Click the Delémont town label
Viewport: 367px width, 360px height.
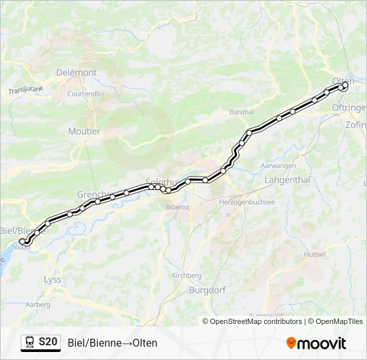77,72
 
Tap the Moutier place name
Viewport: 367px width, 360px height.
84,131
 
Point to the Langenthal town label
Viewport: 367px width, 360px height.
288,180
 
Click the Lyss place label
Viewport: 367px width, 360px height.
52,280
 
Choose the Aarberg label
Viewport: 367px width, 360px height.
37,304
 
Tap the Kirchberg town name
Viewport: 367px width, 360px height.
187,275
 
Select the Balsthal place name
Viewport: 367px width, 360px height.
242,112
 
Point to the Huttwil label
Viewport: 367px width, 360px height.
315,255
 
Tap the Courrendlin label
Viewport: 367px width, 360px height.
85,94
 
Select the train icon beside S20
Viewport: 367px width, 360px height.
30,343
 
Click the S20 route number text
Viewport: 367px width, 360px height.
47,343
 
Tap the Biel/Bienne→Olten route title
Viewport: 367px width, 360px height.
113,343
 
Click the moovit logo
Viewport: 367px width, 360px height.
316,343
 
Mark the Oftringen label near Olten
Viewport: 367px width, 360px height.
349,107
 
